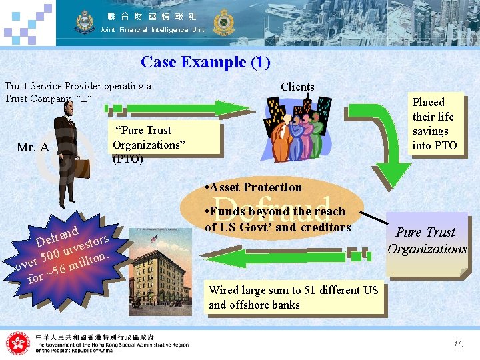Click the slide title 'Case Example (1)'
[205, 63]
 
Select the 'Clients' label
[297, 87]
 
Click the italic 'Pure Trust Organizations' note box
[427, 241]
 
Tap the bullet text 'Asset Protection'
[253, 187]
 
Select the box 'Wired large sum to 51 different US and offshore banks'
[293, 297]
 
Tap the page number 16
[457, 344]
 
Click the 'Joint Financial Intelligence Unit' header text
[152, 30]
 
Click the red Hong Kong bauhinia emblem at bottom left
[18, 343]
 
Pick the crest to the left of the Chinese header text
[84, 22]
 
